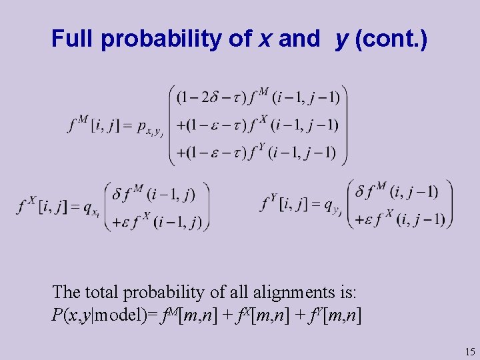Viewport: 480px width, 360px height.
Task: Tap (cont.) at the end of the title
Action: (391, 39)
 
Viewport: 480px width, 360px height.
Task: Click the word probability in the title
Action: (163, 39)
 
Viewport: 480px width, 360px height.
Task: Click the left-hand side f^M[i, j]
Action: (91, 124)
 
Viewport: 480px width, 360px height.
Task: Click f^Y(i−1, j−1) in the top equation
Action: (294, 153)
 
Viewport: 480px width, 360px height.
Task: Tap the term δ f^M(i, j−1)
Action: (397, 193)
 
